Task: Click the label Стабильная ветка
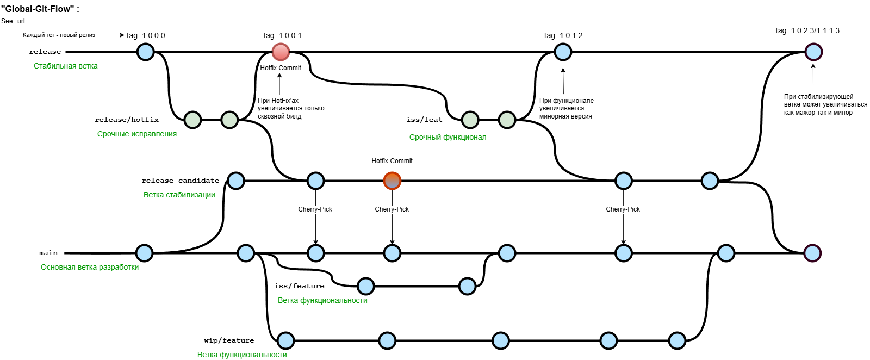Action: [x=66, y=66]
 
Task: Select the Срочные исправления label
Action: [x=137, y=134]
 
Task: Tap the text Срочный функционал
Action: [x=448, y=137]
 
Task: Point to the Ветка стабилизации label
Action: [x=179, y=195]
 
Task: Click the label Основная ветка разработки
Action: [x=90, y=267]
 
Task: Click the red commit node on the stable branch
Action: [x=281, y=52]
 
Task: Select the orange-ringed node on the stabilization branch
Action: [x=392, y=181]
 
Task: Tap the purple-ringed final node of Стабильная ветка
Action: [x=813, y=52]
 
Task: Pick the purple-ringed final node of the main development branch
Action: [x=812, y=253]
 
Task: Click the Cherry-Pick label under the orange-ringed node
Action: [x=391, y=209]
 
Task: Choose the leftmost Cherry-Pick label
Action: [x=315, y=209]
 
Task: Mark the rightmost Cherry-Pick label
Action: [x=623, y=209]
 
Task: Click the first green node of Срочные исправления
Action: [x=192, y=120]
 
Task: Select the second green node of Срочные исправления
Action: [x=229, y=120]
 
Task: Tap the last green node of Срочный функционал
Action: [x=507, y=120]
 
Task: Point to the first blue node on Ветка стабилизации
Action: [x=236, y=181]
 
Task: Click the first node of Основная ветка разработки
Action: [x=144, y=253]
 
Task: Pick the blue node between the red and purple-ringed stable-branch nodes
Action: [x=563, y=52]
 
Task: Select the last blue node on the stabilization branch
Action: [x=710, y=181]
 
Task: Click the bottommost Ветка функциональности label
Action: [x=242, y=355]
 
